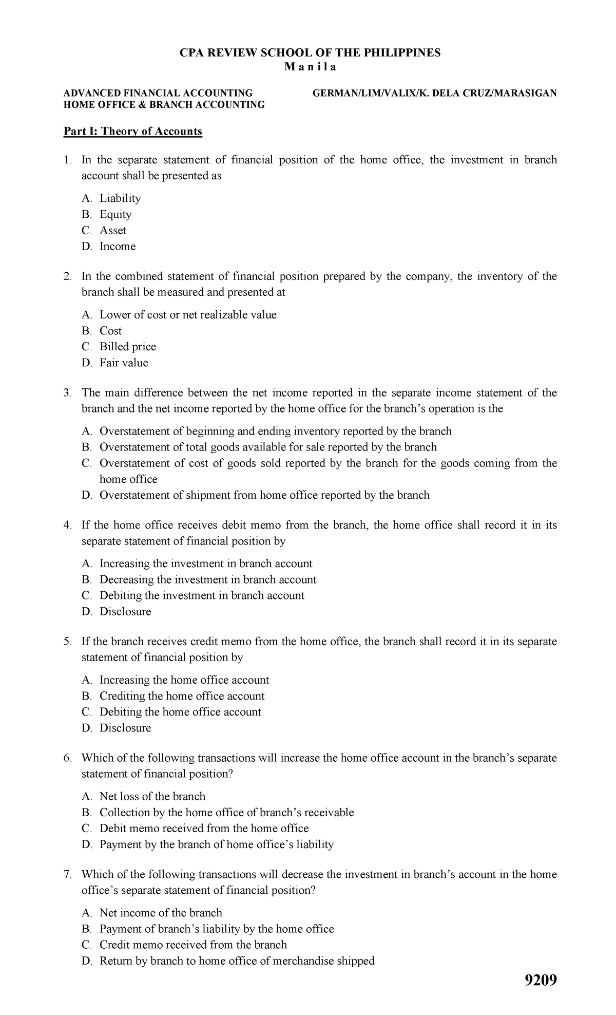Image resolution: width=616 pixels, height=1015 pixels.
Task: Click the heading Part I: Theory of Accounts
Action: (132, 131)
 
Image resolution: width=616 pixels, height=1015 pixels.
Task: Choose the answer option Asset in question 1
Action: (113, 231)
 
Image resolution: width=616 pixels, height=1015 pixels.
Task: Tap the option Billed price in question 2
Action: (128, 347)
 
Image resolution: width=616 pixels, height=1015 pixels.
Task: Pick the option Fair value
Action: (124, 363)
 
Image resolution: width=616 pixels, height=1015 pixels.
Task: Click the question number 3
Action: (67, 393)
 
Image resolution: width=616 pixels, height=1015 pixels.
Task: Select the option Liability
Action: (120, 198)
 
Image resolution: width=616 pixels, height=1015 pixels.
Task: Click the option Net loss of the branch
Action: (152, 797)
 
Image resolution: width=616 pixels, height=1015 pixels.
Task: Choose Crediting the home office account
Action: (182, 696)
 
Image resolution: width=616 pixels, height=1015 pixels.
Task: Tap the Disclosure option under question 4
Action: (125, 612)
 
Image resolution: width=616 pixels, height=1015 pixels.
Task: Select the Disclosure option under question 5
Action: (125, 728)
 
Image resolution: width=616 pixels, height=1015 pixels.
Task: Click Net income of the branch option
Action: (161, 913)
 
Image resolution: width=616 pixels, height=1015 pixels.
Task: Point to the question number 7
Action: (67, 875)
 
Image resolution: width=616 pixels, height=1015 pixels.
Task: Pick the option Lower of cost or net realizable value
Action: (188, 315)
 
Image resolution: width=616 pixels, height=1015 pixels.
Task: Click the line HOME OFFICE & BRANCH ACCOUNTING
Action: (164, 105)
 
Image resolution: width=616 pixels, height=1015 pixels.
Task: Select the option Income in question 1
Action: (118, 247)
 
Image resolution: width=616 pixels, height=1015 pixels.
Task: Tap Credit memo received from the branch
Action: (193, 945)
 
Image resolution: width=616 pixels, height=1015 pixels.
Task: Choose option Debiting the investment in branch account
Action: (202, 596)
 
